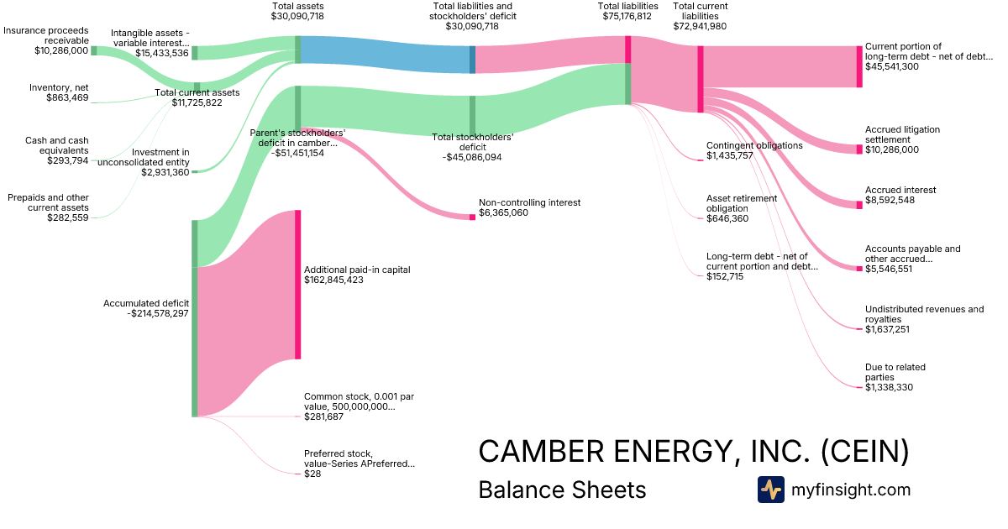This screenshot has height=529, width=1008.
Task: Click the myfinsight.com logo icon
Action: click(x=771, y=490)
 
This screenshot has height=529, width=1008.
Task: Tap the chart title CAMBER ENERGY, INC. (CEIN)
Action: click(x=694, y=451)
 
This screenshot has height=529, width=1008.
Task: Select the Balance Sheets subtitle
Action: click(x=562, y=490)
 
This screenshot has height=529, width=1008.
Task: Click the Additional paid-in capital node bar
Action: click(x=298, y=285)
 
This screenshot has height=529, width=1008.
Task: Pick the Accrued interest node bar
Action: click(x=859, y=205)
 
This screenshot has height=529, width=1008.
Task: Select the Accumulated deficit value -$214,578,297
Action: click(x=158, y=313)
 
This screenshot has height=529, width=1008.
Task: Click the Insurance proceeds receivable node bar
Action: click(x=94, y=50)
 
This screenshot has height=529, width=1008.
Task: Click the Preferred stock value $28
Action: click(x=312, y=474)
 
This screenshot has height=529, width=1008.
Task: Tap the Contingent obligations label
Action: click(x=754, y=145)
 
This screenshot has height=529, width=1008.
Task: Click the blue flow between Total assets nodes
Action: click(x=386, y=55)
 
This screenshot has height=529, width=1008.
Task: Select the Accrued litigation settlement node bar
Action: click(x=859, y=149)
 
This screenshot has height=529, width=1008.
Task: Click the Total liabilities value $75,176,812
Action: click(x=627, y=16)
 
